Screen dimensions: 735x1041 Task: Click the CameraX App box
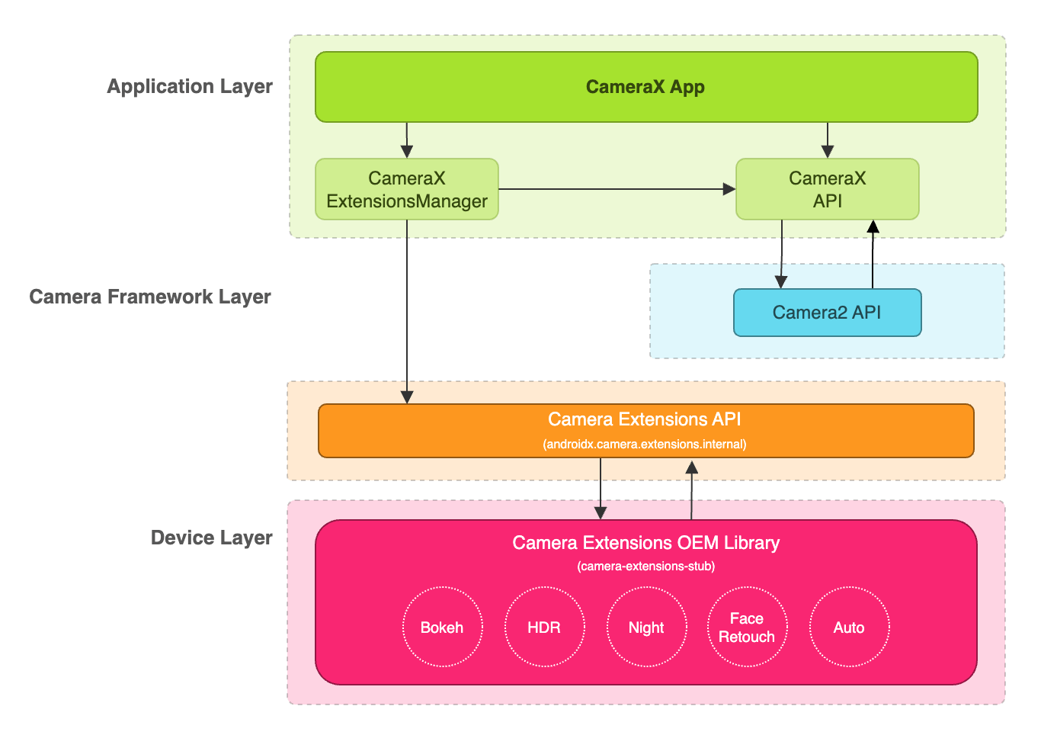645,87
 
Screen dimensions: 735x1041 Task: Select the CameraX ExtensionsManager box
406,189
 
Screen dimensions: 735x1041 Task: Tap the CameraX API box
827,189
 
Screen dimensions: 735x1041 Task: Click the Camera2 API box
827,313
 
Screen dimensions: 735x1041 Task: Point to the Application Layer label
189,86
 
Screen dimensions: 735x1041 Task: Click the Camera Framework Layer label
150,297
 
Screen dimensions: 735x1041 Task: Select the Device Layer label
211,538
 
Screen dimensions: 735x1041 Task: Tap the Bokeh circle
442,627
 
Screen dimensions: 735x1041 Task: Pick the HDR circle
544,627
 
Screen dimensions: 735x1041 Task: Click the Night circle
646,627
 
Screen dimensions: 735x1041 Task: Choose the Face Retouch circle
747,627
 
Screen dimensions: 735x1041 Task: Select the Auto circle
849,627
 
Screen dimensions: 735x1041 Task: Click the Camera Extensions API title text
645,419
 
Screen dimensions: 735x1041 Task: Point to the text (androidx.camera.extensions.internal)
645,444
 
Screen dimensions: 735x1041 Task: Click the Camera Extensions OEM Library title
645,543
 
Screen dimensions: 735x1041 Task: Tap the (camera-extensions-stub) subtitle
645,566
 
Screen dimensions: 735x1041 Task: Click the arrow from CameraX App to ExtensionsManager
407,140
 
